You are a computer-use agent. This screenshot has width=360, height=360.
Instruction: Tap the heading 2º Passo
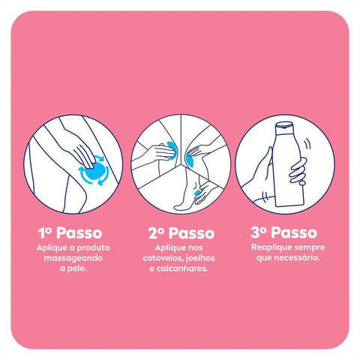pyautogui.click(x=179, y=232)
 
